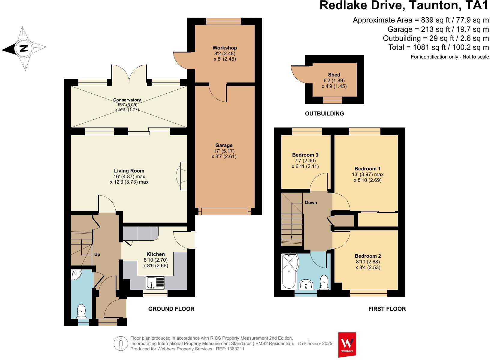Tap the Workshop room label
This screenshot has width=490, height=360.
[225, 48]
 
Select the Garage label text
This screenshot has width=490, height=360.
[224, 145]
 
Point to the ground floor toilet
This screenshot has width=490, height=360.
[81, 311]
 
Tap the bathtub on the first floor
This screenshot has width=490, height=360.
[289, 271]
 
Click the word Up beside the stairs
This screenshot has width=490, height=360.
[97, 254]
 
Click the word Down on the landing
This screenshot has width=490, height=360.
[311, 202]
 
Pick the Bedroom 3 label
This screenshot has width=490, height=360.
[305, 155]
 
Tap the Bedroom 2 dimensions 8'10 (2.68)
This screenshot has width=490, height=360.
[367, 262]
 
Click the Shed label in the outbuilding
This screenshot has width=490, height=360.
[334, 75]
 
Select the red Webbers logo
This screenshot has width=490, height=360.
[347, 344]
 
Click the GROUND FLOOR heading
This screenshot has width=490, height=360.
[171, 309]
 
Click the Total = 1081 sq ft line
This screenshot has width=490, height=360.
[438, 47]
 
